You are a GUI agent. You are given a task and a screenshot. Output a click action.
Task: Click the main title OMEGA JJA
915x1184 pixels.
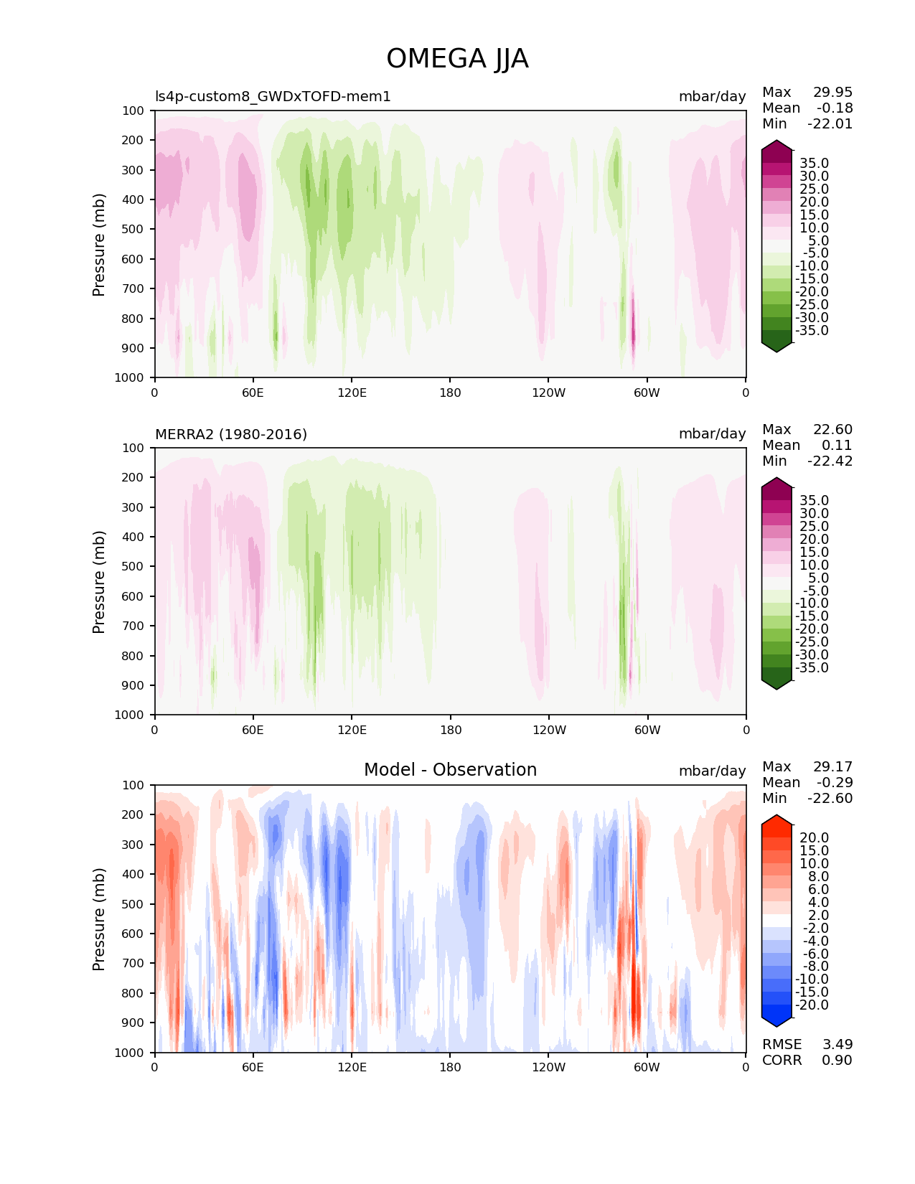457,59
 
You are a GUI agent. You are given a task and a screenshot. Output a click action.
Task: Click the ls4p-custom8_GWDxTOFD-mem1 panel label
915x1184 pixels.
273,96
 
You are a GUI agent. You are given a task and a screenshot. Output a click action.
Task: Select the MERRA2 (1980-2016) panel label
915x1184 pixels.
231,434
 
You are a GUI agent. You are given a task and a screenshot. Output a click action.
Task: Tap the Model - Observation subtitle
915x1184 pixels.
450,770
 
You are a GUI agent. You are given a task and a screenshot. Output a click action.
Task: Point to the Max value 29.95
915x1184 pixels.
832,92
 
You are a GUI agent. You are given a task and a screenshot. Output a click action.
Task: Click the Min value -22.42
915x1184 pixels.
830,461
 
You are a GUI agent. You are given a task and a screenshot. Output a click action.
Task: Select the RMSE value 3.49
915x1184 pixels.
837,1044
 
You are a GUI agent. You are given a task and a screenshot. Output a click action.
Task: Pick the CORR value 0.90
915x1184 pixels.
837,1060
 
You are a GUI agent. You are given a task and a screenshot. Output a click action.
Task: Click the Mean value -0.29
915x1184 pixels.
834,782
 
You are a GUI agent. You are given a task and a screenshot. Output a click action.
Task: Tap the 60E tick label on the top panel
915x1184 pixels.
253,393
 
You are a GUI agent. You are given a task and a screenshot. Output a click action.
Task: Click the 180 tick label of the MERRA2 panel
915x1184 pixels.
450,730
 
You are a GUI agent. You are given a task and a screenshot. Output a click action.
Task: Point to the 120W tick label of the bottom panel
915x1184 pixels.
549,1067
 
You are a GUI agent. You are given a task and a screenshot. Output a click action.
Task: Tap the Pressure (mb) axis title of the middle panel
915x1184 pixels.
99,581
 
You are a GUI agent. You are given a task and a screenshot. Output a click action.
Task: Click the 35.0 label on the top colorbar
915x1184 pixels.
814,164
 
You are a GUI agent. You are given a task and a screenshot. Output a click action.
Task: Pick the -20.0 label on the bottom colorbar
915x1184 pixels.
812,1005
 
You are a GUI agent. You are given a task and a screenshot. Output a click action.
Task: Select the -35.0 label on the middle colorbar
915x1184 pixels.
812,667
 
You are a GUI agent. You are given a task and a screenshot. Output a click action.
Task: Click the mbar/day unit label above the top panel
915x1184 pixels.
712,96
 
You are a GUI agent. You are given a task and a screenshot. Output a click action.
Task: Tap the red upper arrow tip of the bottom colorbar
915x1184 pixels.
776,818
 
